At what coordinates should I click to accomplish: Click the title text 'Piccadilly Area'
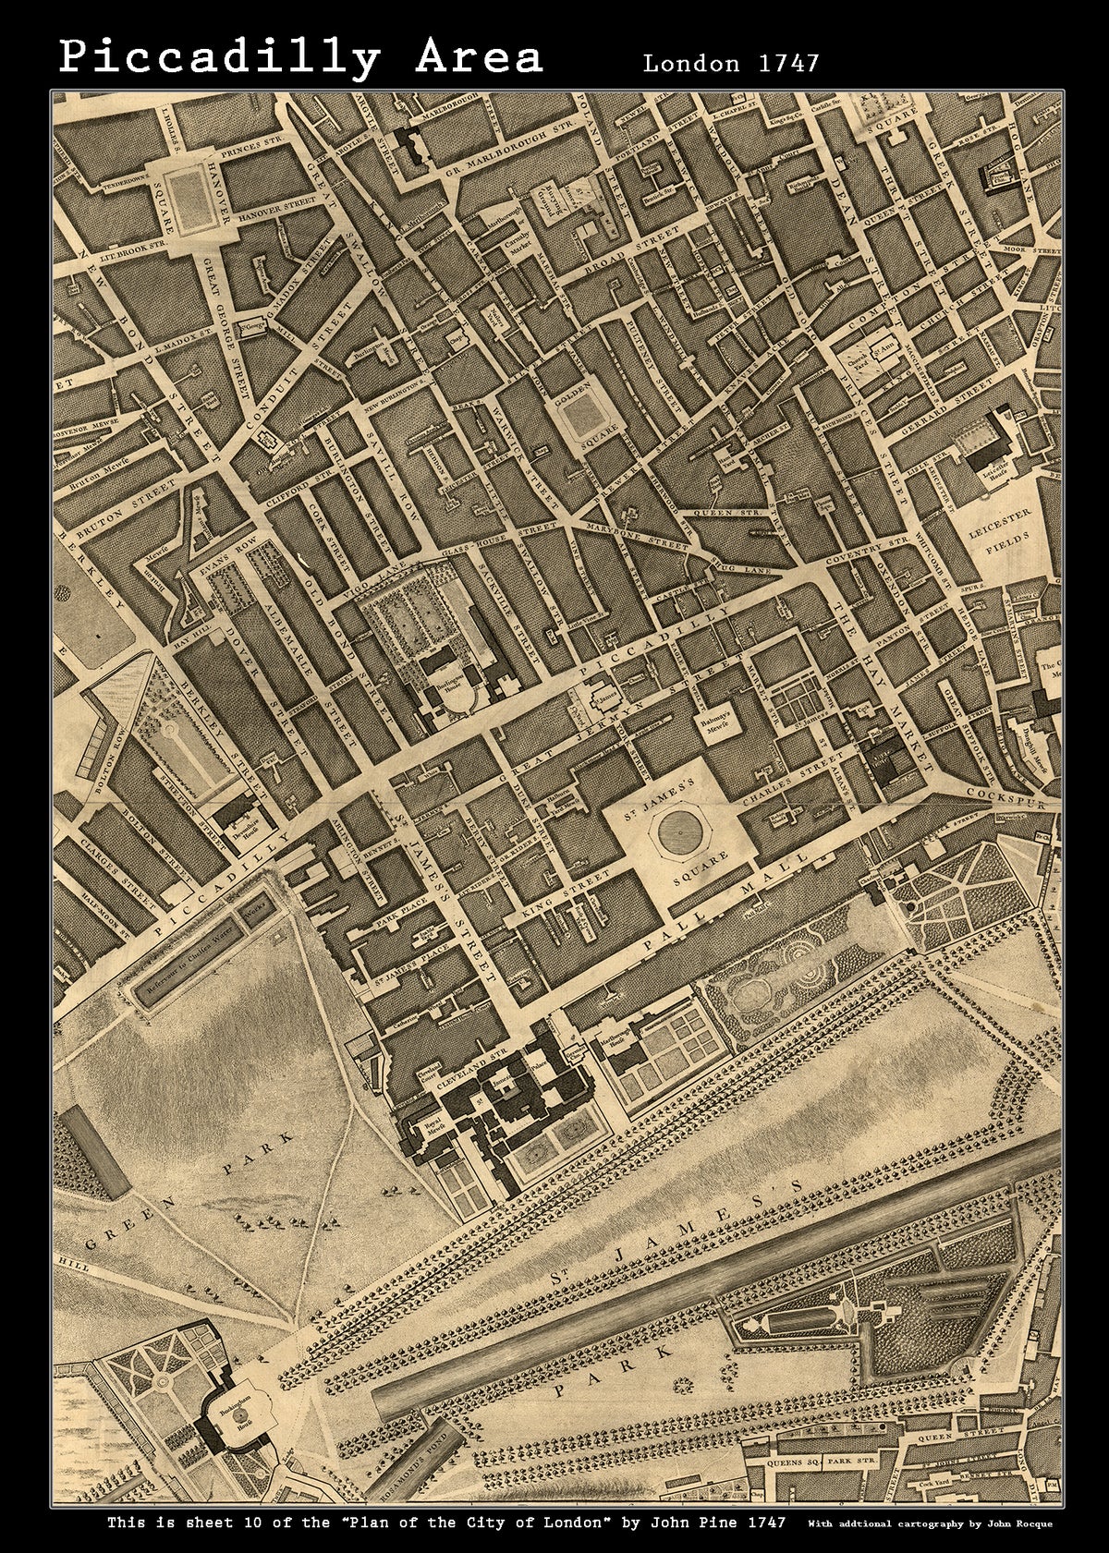tap(301, 57)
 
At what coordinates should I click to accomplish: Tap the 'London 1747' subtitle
tap(730, 63)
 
